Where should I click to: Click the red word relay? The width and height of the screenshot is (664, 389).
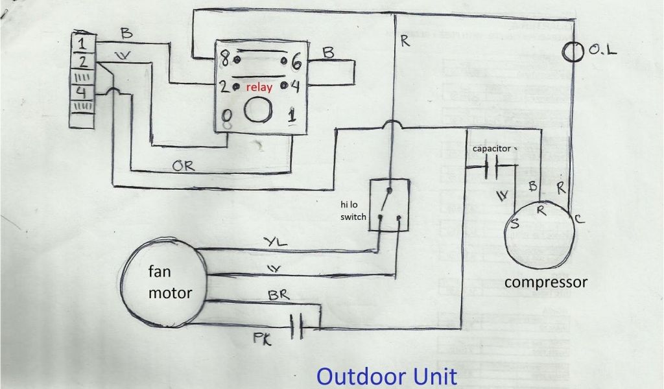point(259,86)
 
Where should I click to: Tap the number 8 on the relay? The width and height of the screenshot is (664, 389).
point(224,60)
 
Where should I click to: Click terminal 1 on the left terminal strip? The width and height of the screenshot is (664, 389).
point(82,44)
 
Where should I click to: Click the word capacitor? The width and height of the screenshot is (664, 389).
point(492,148)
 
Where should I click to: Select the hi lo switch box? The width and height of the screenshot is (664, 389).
point(389,205)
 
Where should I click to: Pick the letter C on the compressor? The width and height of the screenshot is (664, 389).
point(578,219)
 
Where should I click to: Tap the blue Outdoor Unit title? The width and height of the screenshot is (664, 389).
point(386,376)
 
